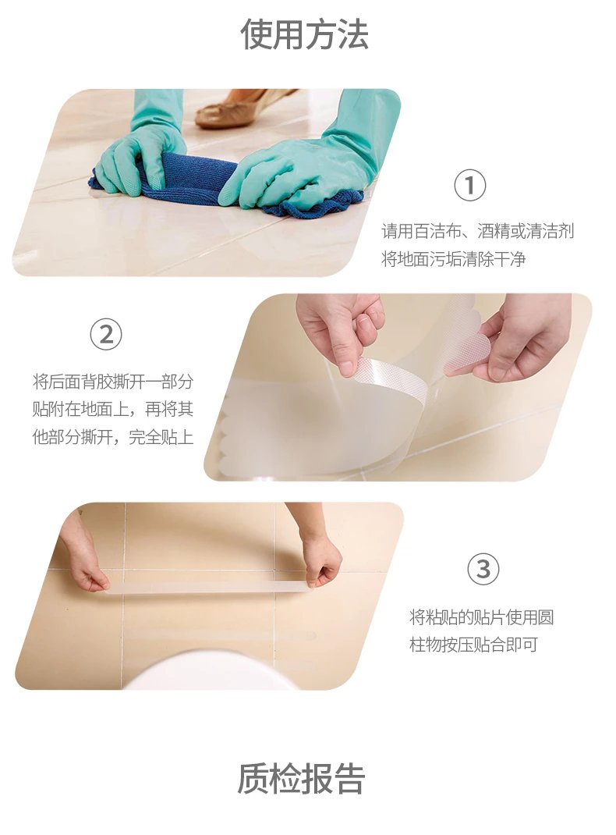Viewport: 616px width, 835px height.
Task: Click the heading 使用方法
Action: [x=304, y=34]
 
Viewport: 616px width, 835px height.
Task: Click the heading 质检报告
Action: [x=301, y=779]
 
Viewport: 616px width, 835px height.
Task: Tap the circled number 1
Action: [x=469, y=186]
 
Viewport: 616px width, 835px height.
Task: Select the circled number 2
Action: [x=106, y=335]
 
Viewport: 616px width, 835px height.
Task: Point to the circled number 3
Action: [x=483, y=569]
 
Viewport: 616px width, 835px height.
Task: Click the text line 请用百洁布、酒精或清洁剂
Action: [x=478, y=231]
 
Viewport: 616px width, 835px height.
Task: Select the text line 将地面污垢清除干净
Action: [x=453, y=259]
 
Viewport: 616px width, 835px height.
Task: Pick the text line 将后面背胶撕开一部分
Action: [x=113, y=382]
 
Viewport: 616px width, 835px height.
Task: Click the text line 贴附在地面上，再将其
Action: [x=113, y=409]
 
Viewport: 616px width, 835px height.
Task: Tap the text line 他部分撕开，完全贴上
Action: [x=113, y=437]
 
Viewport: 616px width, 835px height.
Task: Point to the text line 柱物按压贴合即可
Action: [x=473, y=645]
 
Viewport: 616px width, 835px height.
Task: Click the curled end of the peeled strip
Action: [x=391, y=379]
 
